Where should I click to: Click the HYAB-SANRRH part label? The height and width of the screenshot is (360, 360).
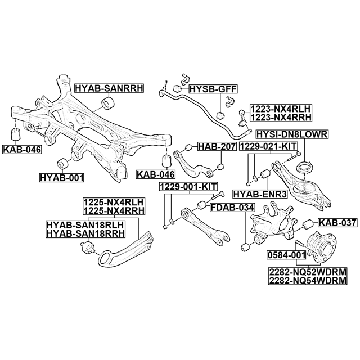[110, 88]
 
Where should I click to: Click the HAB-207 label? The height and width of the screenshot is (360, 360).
[217, 147]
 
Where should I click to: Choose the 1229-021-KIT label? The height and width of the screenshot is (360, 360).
[268, 146]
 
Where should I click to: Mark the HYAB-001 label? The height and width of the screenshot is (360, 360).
[61, 178]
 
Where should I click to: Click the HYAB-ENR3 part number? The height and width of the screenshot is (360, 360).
[260, 194]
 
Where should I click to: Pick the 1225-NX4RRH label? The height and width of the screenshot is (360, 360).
[114, 210]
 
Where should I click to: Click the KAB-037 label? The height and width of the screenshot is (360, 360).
[337, 223]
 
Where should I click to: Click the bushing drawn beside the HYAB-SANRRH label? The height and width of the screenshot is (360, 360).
[107, 102]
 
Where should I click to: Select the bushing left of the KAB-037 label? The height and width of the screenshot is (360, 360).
[310, 223]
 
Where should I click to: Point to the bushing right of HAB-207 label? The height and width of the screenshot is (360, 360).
[221, 166]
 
